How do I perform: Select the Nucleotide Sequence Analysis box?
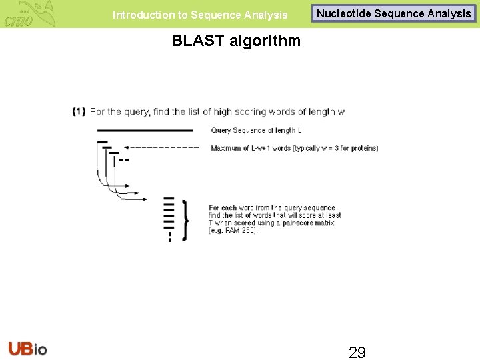pyautogui.click(x=393, y=13)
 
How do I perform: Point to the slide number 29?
pyautogui.click(x=357, y=352)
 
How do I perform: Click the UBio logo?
pyautogui.click(x=28, y=349)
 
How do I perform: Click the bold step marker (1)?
pyautogui.click(x=79, y=111)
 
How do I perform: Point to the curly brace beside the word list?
pyautogui.click(x=185, y=219)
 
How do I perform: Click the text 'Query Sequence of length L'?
pyautogui.click(x=256, y=130)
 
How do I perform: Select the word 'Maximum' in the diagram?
pyautogui.click(x=225, y=148)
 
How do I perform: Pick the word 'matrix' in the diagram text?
pyautogui.click(x=325, y=223)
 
